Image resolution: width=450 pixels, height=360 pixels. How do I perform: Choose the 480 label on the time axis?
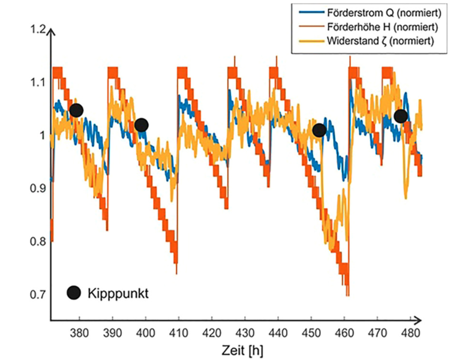coord(407,332)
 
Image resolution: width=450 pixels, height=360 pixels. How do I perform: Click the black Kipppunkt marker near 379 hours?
coord(76,110)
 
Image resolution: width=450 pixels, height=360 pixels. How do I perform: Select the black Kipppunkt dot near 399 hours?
coord(142,125)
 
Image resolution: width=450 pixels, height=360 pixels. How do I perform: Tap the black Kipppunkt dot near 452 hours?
coord(319,130)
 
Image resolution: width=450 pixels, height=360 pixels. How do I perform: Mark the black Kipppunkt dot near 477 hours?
coord(401,116)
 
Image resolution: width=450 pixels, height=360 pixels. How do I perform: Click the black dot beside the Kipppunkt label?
coord(73,293)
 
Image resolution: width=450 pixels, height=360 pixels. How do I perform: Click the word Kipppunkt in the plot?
coord(118,293)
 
